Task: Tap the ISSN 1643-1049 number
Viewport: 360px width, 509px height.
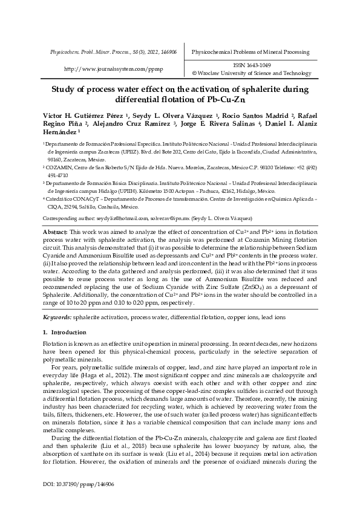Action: pyautogui.click(x=252, y=65)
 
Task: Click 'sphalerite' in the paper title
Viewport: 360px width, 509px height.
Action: pyautogui.click(x=252, y=90)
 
